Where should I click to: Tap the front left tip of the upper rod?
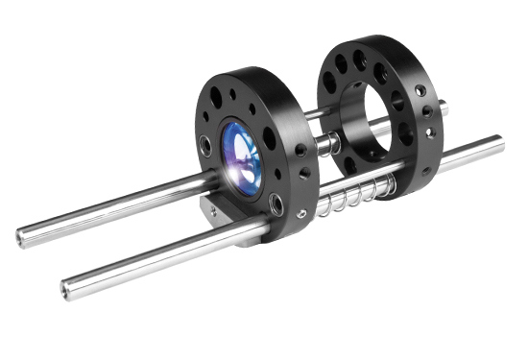[22, 237]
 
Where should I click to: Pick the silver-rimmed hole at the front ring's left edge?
[204, 146]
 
